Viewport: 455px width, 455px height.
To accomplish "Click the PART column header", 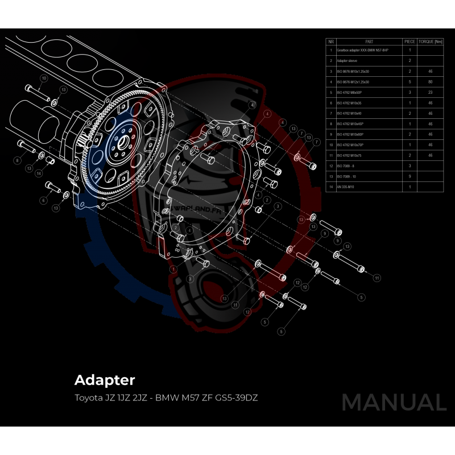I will point(370,42).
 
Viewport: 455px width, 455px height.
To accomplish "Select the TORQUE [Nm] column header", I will point(430,42).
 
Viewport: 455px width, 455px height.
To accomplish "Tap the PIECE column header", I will point(409,42).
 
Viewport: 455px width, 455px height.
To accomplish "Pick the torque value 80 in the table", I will point(430,82).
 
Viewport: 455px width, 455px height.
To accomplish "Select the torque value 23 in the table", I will point(430,92).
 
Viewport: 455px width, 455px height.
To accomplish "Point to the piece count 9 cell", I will point(409,176).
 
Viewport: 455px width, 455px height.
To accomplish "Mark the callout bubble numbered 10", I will point(44,78).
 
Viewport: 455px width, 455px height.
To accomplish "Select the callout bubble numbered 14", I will point(39,172).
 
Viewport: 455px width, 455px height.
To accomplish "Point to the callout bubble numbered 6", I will point(43,200).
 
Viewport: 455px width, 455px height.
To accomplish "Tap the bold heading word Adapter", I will point(105,379).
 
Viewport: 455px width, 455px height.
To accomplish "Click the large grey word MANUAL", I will point(394,402).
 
